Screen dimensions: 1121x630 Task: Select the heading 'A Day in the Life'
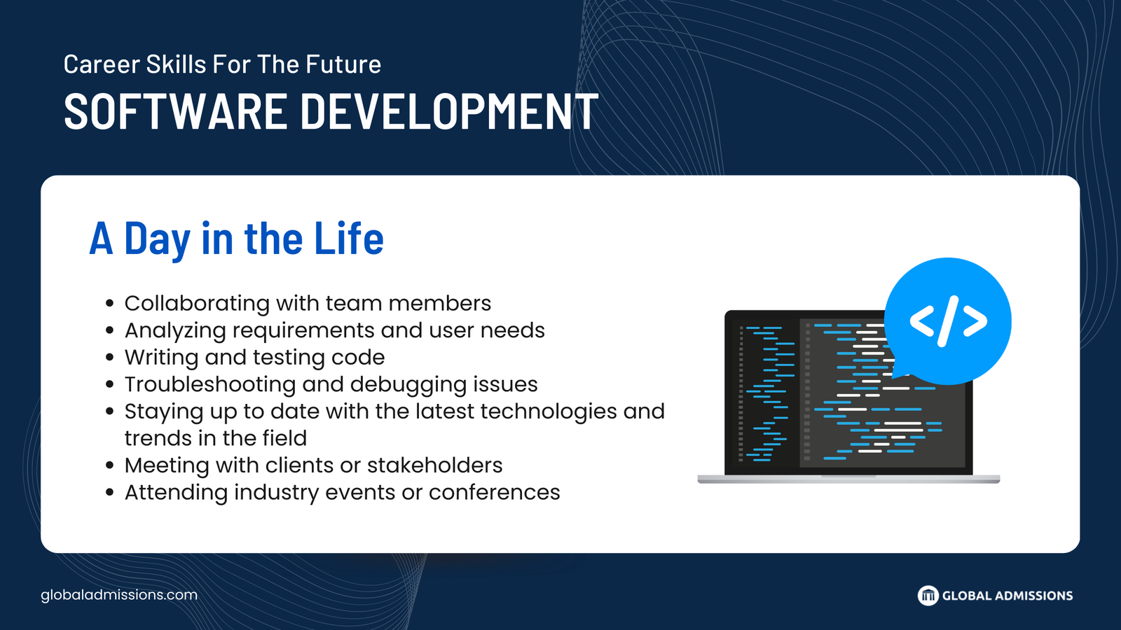tap(236, 239)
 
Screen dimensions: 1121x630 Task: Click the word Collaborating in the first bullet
tap(197, 304)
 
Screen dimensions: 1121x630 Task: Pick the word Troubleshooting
tap(210, 385)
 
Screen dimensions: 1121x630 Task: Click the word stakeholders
tap(434, 465)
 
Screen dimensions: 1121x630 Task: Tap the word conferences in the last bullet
tap(494, 493)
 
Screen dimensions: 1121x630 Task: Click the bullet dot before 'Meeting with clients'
tap(110, 465)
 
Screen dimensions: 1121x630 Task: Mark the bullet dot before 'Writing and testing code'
tap(110, 358)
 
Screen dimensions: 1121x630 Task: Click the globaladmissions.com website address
tap(119, 595)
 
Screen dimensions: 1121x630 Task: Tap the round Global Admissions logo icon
tap(928, 596)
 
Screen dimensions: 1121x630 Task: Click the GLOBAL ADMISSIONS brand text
tap(1007, 596)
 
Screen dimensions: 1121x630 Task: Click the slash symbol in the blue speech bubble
tap(948, 321)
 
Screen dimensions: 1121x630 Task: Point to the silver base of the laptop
tap(848, 479)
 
